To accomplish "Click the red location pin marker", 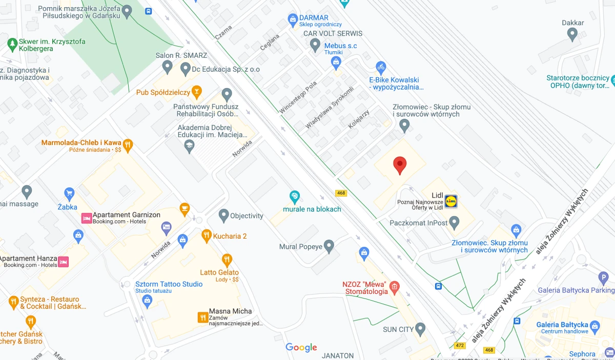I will [x=400, y=165].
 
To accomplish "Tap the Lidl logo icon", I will [x=451, y=201].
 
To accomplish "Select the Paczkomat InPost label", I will [x=418, y=223].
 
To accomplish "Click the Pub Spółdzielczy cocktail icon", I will [x=196, y=92].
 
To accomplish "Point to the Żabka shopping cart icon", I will [x=70, y=193].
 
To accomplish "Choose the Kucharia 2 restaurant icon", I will [x=206, y=236].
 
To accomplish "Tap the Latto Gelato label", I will [x=219, y=272].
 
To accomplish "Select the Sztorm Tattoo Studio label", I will [x=169, y=284].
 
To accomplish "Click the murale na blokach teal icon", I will [x=295, y=196].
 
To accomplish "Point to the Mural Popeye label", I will [x=301, y=247].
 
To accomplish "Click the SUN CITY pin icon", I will [x=420, y=328].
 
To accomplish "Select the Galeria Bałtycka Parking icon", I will [x=603, y=277].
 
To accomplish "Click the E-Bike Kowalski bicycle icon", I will [x=380, y=67].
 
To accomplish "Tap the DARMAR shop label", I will [x=314, y=18].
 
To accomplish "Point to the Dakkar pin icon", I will [x=573, y=34].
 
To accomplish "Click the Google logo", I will [x=301, y=348].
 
